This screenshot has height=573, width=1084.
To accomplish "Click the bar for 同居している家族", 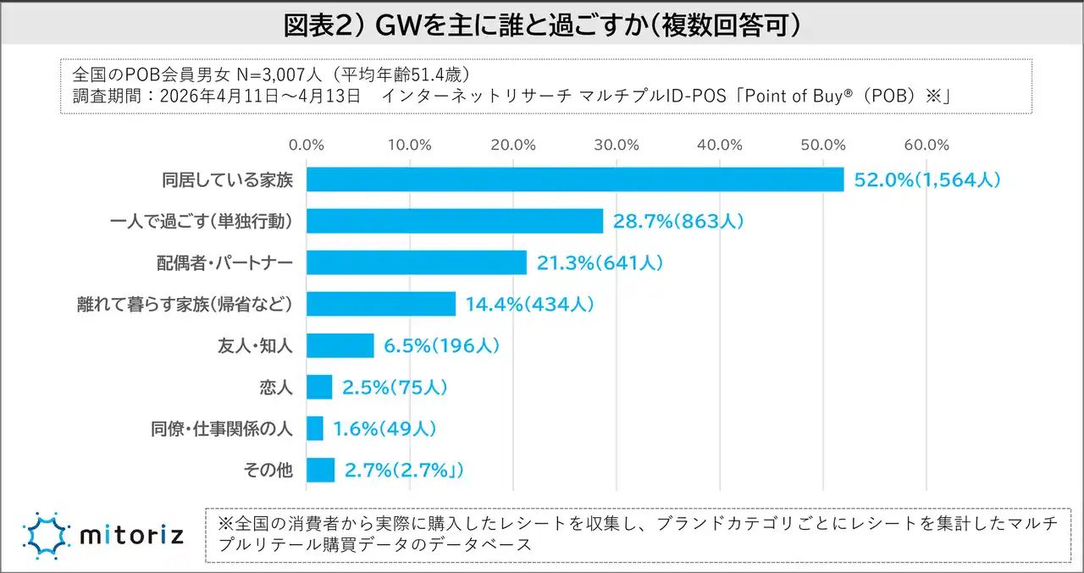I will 575,179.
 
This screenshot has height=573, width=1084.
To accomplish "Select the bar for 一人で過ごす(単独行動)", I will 455,221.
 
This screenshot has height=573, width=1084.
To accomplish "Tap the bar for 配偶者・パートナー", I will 417,262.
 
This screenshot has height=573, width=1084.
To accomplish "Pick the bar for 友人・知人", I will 340,345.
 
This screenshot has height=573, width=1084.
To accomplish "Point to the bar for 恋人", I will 319,387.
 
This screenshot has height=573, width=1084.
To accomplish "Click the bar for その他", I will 320,470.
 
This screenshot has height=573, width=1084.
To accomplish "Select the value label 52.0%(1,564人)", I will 926,179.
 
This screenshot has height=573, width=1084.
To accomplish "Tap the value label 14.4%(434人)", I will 529,304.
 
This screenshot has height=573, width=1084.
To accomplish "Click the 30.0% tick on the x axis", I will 617,144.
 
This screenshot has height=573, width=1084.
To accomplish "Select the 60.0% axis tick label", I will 926,144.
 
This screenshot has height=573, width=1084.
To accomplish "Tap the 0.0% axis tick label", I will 307,144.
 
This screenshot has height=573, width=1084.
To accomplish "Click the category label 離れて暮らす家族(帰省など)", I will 185,304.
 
